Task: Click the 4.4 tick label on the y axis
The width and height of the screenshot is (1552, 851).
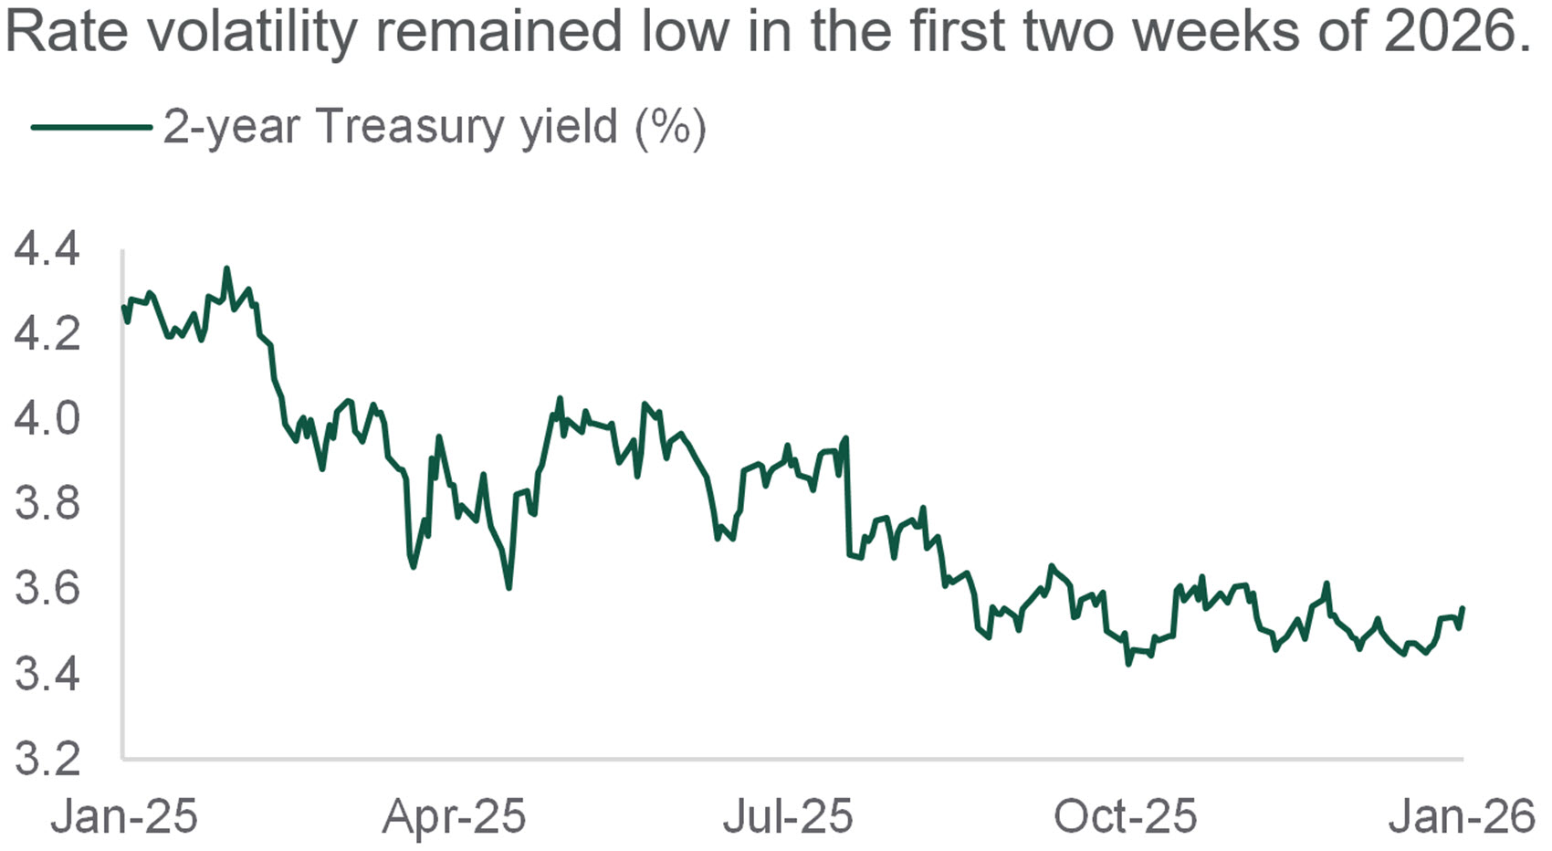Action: click(47, 249)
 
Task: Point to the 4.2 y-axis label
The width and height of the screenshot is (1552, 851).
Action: click(47, 333)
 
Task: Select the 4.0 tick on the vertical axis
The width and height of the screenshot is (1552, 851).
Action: click(47, 418)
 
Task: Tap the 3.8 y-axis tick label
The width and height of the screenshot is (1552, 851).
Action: click(47, 503)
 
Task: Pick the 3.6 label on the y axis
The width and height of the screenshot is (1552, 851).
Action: click(47, 588)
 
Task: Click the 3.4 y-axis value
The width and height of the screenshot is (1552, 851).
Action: click(47, 674)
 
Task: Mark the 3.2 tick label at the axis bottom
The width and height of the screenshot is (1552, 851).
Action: click(47, 758)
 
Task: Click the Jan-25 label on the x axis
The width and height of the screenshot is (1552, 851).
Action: click(124, 815)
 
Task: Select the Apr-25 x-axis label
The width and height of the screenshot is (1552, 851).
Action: click(455, 815)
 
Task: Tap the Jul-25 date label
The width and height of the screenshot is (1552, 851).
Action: click(788, 815)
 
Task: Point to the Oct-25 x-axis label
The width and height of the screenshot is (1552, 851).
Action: click(1125, 815)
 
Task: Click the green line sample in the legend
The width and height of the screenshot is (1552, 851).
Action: click(91, 127)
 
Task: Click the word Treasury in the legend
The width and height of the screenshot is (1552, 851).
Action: click(409, 127)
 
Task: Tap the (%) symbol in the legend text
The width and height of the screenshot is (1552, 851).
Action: click(670, 127)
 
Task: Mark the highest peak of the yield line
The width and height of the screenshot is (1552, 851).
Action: click(226, 268)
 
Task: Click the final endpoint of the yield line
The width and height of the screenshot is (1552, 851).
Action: click(1463, 608)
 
